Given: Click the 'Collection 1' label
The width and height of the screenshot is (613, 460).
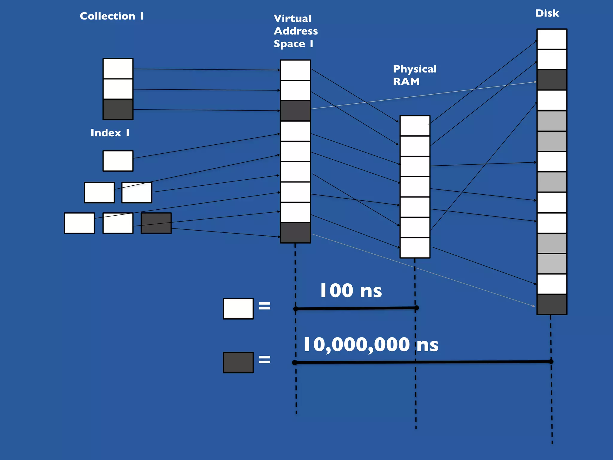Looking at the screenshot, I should pos(111,16).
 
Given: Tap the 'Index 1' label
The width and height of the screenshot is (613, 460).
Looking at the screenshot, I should pos(110,133).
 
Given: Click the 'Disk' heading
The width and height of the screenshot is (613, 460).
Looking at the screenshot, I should pos(547,13).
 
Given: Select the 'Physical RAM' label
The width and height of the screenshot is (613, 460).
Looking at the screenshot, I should pos(415,75).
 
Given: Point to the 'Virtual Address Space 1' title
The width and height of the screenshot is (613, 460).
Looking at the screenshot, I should pos(295,31).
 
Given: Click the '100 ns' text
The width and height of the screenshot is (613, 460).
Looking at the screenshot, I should pos(351,290).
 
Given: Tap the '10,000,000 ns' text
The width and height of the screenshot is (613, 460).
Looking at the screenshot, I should pos(371,344).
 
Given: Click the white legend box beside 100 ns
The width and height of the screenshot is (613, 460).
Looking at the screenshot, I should pos(238,308).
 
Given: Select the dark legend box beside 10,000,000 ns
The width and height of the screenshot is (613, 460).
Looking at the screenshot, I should pos(238,362).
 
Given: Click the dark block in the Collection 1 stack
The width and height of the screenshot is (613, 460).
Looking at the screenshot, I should pos(118,109).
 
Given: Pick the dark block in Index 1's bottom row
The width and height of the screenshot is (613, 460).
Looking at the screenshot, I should pos(156,223).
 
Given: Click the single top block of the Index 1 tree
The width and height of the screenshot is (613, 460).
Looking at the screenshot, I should pos(118,161).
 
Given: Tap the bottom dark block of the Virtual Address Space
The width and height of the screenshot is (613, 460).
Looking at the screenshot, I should pos(295,233).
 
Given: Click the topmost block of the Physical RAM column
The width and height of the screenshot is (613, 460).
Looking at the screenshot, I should pos(415,126).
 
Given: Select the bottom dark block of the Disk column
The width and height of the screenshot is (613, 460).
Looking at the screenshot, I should pos(552,304).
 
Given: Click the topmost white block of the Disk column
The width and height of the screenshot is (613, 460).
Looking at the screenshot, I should pos(552,39).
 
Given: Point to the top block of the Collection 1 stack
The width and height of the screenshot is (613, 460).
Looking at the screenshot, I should pos(118,69).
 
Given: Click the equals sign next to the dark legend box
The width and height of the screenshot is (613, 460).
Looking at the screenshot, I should pos(264,359).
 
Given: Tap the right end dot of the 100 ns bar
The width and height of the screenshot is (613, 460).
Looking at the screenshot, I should pos(416,308).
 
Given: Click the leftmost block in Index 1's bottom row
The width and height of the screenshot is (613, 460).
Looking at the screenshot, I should pos(79,223).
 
